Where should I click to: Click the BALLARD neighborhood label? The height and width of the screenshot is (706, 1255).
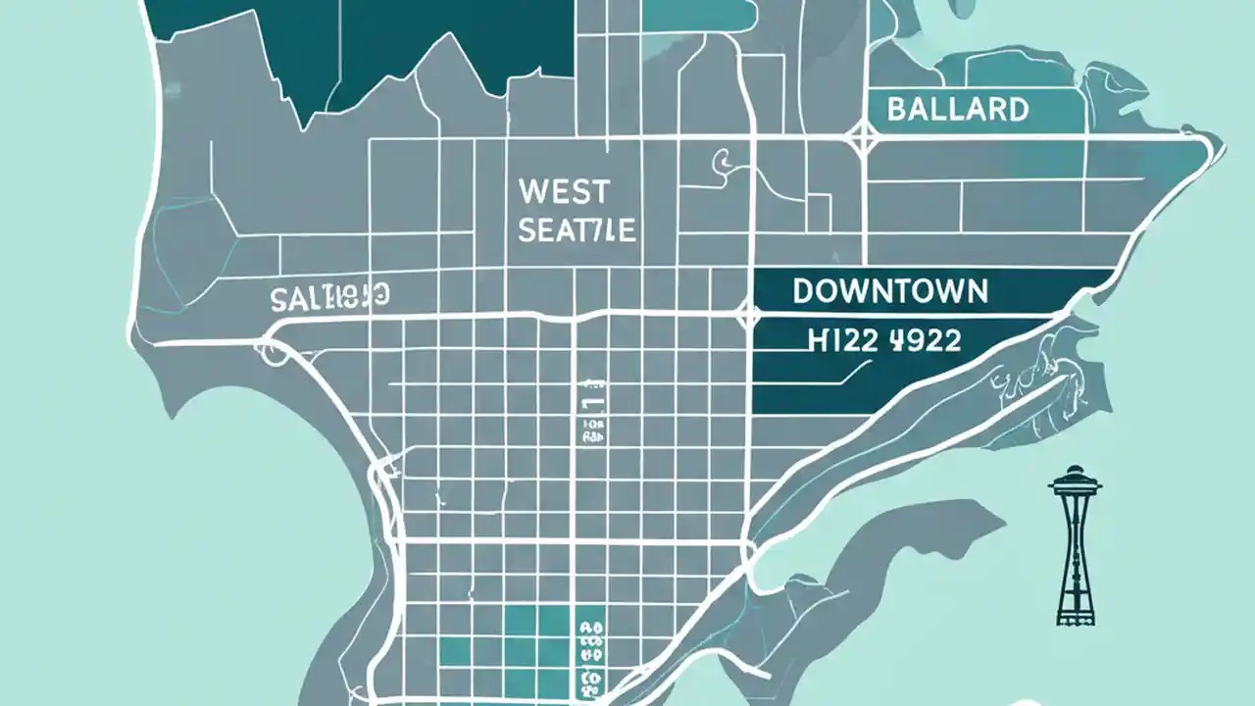coord(957,109)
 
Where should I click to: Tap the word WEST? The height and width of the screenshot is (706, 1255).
coord(563,190)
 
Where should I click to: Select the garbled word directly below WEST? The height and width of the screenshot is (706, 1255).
coord(577,230)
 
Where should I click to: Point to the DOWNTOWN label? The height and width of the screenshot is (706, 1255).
coord(889,290)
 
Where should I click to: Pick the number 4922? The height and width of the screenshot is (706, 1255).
coord(926,340)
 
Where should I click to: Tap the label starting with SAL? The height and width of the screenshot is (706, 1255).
coord(329,296)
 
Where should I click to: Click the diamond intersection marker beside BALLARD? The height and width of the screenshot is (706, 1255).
coord(862,138)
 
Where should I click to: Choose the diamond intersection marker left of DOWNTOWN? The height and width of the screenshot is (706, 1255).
coord(748,316)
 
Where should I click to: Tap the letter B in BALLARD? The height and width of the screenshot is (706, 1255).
coord(896,109)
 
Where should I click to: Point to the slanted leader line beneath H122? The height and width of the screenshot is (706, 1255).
coord(848,374)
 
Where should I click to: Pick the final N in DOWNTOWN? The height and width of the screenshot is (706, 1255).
coord(975,290)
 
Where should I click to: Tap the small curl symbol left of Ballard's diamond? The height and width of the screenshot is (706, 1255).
coord(723,159)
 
